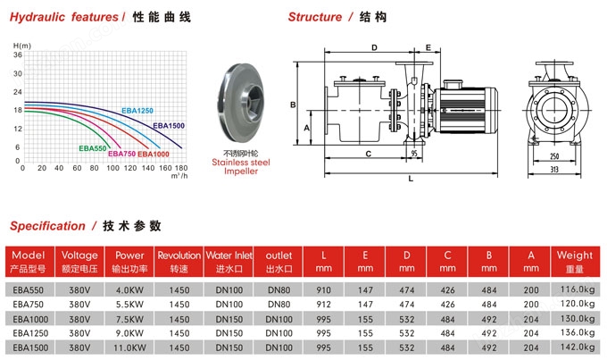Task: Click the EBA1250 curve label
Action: (137, 110)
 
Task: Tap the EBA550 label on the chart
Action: (93, 147)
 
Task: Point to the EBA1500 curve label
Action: (169, 126)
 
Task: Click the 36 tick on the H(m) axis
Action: (17, 54)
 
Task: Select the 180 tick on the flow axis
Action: (180, 168)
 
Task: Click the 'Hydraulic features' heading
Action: (62, 17)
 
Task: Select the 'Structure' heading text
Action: (314, 17)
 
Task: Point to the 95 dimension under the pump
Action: (415, 154)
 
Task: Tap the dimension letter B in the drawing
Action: (293, 105)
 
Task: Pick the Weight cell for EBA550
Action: (574, 289)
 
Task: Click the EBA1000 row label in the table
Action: (30, 318)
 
